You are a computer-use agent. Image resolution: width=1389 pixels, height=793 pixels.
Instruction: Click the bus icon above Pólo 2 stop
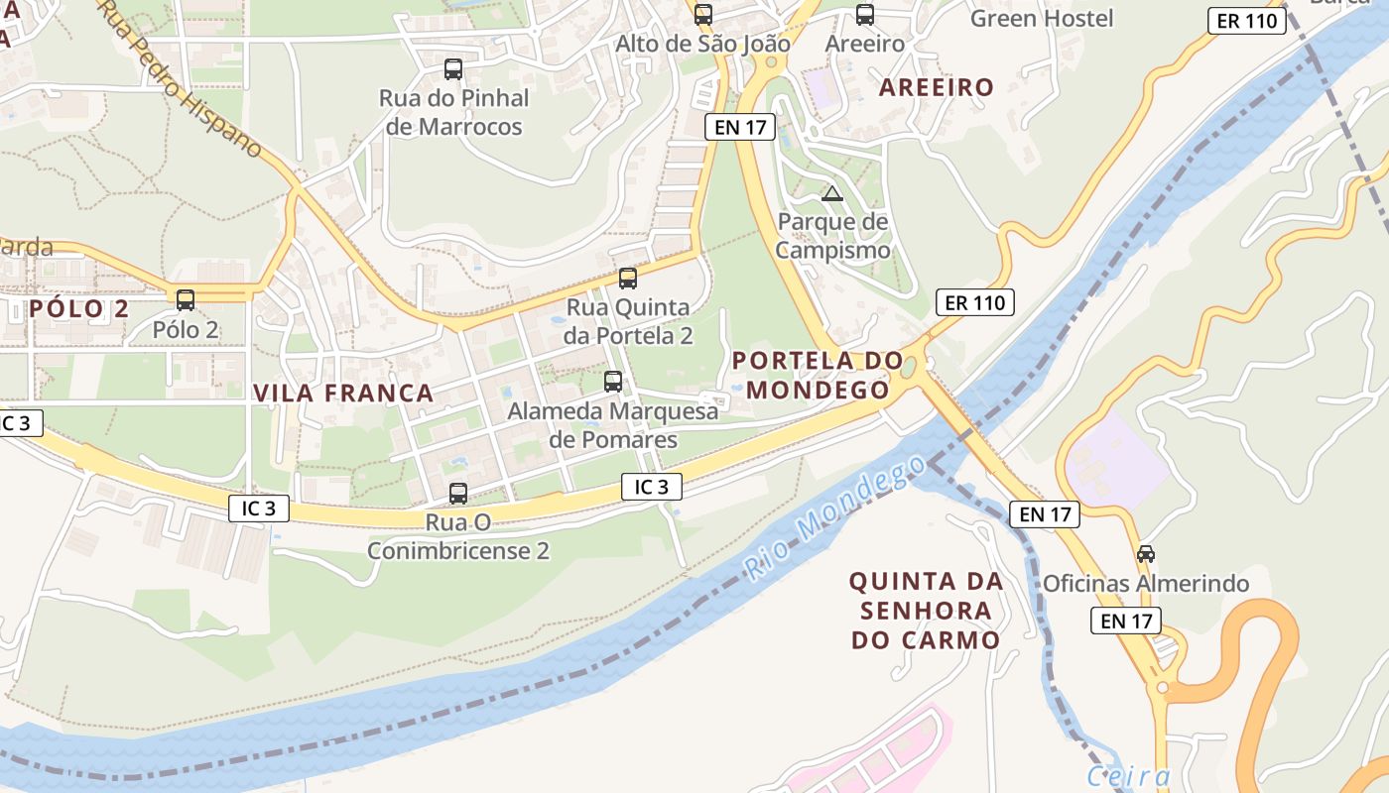pyautogui.click(x=186, y=299)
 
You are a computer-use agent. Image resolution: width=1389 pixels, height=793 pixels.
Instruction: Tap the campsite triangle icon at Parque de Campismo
pyautogui.click(x=832, y=193)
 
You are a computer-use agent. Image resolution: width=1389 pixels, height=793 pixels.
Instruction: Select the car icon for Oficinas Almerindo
pyautogui.click(x=1146, y=554)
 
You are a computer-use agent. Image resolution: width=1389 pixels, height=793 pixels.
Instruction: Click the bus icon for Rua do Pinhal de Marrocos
pyautogui.click(x=453, y=69)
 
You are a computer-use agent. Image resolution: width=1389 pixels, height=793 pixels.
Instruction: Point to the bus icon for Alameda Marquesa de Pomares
pyautogui.click(x=613, y=382)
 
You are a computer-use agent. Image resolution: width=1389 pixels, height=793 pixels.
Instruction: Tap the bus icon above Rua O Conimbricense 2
pyautogui.click(x=458, y=493)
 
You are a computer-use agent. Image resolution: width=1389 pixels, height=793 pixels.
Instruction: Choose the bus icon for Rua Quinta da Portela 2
pyautogui.click(x=628, y=279)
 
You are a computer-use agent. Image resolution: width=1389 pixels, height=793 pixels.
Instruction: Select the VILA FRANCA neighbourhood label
pyautogui.click(x=343, y=394)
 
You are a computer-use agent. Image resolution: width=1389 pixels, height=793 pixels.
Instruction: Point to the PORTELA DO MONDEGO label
pyautogui.click(x=818, y=376)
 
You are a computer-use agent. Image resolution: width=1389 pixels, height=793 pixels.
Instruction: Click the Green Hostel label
pyautogui.click(x=1042, y=18)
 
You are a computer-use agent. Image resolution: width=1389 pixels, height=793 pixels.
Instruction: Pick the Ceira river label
pyautogui.click(x=1128, y=776)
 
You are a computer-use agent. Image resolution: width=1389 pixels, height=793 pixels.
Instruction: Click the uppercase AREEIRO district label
pyautogui.click(x=937, y=87)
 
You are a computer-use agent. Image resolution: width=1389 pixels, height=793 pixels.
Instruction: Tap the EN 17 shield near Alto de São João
pyautogui.click(x=739, y=127)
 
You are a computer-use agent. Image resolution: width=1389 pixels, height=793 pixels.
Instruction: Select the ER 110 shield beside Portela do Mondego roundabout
pyautogui.click(x=974, y=302)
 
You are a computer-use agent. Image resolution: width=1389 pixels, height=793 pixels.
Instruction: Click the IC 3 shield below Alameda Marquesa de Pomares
pyautogui.click(x=652, y=487)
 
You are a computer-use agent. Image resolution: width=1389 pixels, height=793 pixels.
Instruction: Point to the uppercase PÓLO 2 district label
pyautogui.click(x=79, y=308)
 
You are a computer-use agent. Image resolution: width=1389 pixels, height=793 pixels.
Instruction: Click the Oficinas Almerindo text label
pyautogui.click(x=1145, y=584)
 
